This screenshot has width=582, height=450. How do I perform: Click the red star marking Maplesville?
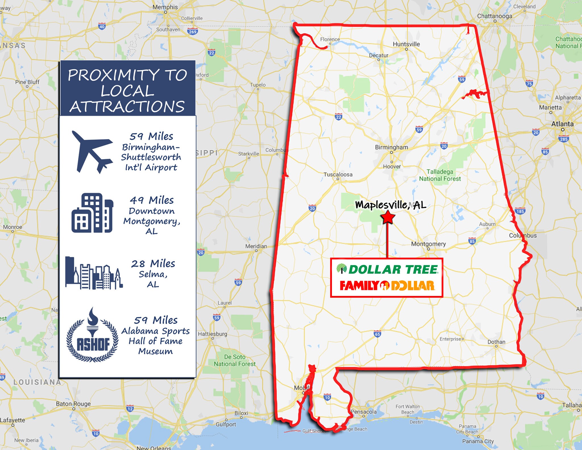[x=388, y=218]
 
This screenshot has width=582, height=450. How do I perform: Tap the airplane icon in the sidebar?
[x=92, y=152]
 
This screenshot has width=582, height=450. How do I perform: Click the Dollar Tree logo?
[x=387, y=269]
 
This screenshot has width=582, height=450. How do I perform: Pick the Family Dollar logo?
[x=387, y=286]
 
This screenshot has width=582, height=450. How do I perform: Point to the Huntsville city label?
[x=406, y=44]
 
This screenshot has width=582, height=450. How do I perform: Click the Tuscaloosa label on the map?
[x=338, y=175]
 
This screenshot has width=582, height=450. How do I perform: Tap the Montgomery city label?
[x=428, y=244]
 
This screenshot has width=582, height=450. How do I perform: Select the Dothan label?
[x=496, y=342]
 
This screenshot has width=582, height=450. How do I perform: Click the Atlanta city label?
[x=562, y=124]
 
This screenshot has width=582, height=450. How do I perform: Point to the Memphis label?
[x=165, y=7]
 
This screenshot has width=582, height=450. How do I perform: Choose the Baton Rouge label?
[x=73, y=404]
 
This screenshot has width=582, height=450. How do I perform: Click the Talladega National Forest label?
[x=440, y=175]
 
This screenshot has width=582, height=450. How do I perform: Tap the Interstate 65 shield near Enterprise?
[x=377, y=334]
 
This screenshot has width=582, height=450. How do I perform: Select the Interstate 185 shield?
[x=520, y=211]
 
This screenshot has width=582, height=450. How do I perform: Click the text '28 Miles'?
[x=153, y=264]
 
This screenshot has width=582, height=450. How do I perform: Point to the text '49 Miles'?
[x=152, y=200]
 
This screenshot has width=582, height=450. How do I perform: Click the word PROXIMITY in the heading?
[x=114, y=75]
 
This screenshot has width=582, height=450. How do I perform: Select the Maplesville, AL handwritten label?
[x=390, y=205]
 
